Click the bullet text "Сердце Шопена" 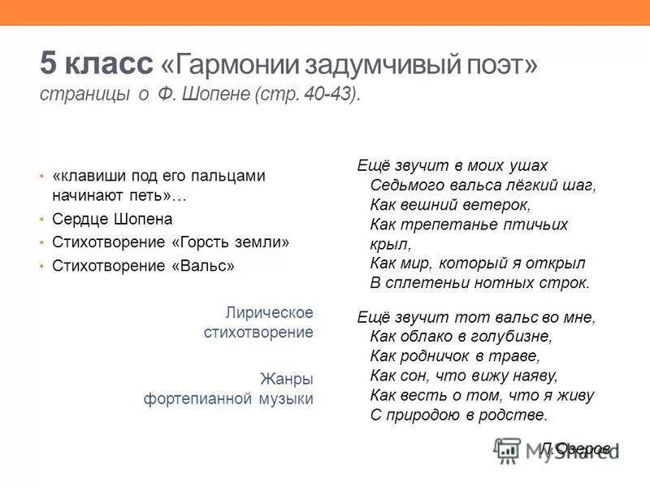[x=112, y=220]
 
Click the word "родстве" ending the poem [x=520, y=415]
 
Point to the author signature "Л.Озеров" [x=574, y=448]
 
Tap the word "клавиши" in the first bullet [x=83, y=176]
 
